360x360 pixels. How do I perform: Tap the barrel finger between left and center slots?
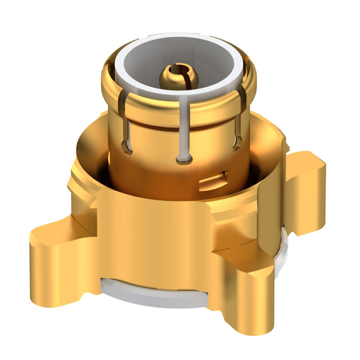[x=155, y=135]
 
